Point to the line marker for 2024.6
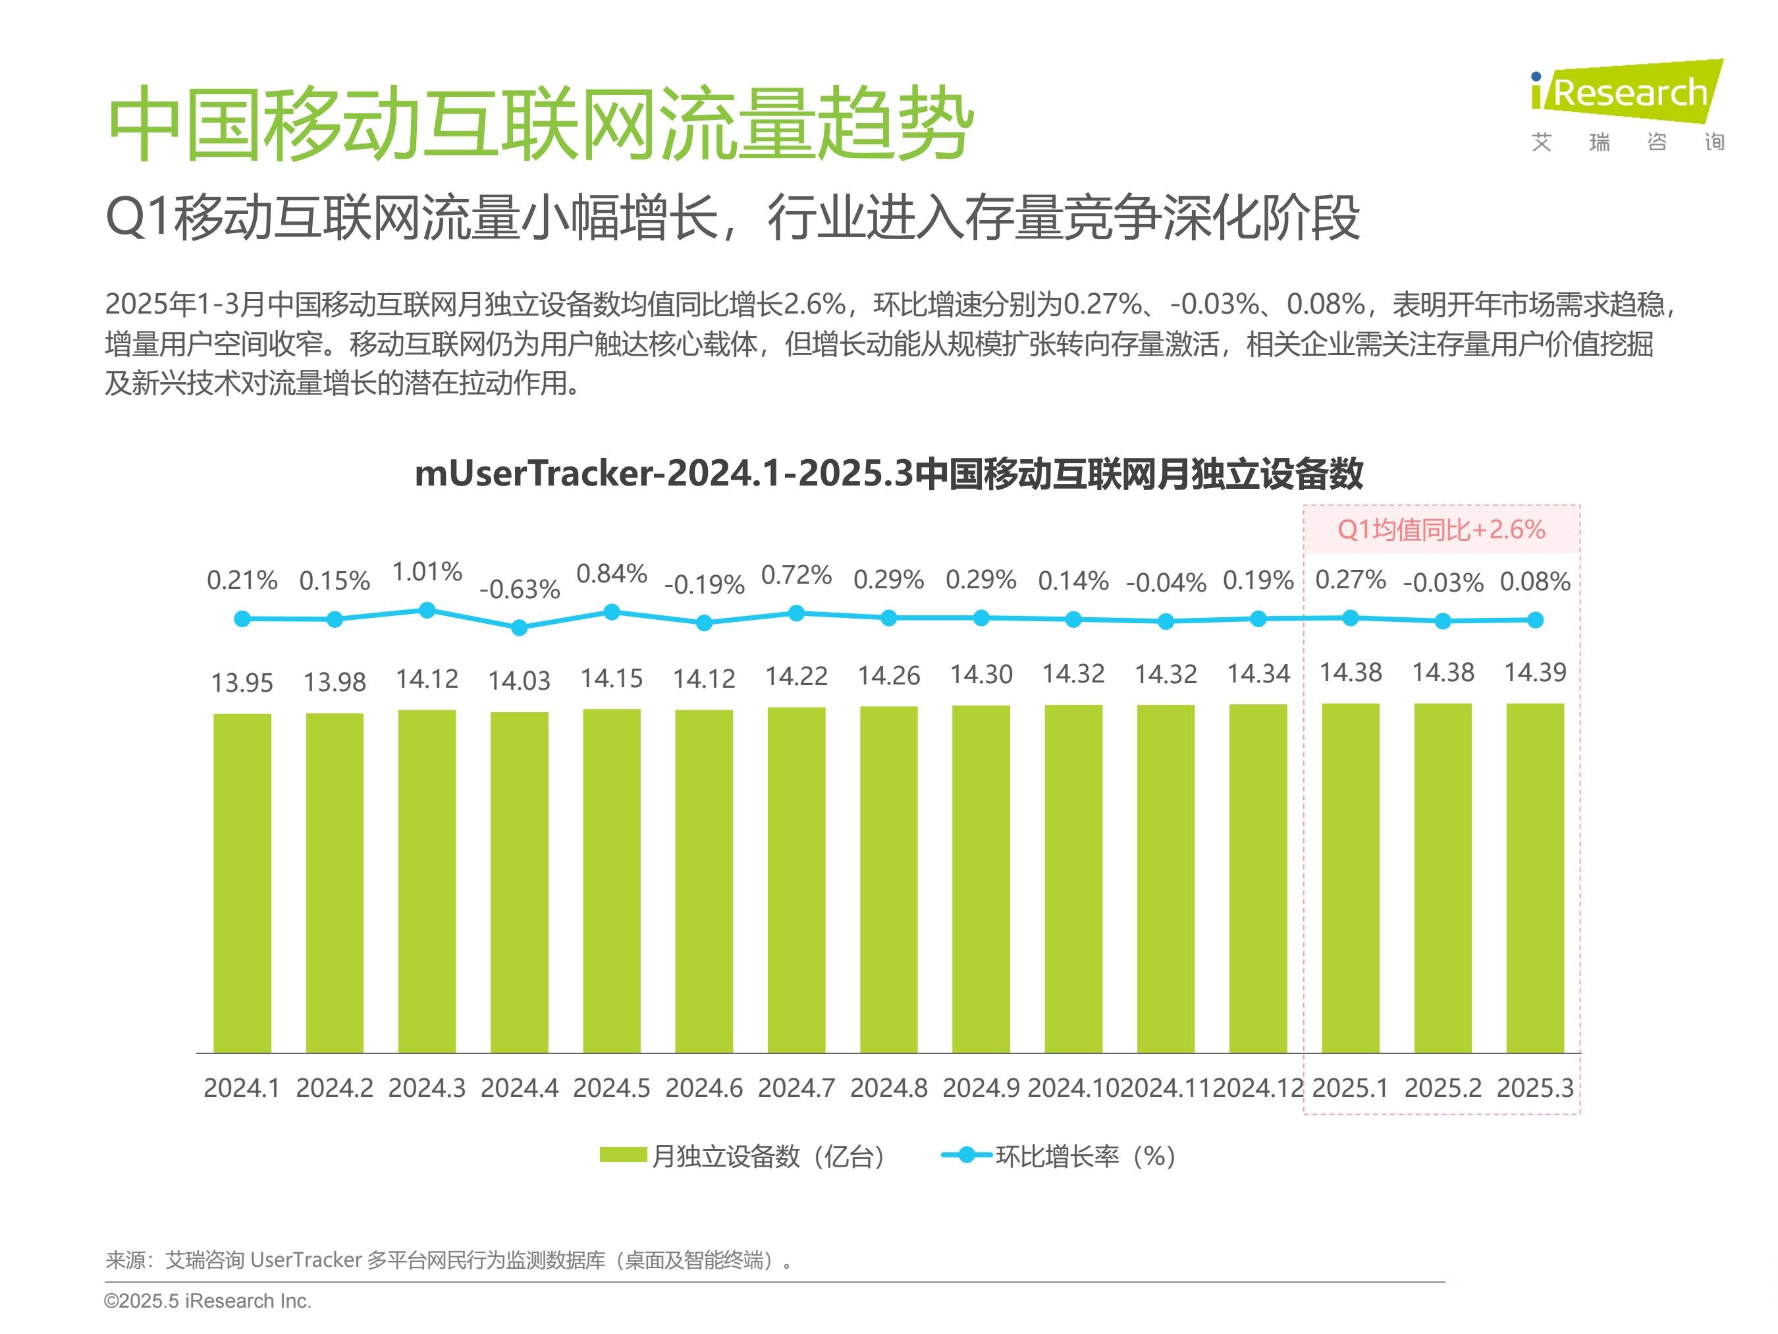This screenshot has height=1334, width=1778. (704, 623)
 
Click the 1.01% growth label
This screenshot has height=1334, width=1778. (427, 572)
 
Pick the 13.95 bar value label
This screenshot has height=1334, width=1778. (242, 682)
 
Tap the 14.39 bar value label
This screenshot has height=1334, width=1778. (1534, 672)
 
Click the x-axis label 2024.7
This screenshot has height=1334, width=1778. (795, 1088)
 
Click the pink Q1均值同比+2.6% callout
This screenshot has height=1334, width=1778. (1441, 530)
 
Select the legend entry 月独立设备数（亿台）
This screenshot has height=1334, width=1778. (743, 1156)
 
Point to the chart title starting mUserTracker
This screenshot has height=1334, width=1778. (888, 473)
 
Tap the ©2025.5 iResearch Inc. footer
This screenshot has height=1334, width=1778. (207, 1300)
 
